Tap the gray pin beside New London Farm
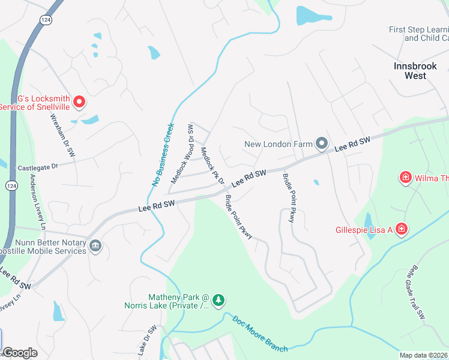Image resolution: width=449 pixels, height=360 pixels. pyautogui.click(x=322, y=143)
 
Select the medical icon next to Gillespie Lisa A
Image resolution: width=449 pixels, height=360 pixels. pyautogui.click(x=401, y=229)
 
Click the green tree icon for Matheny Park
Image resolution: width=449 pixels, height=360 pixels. pyautogui.click(x=219, y=299)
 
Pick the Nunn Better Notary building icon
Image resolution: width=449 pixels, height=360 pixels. pyautogui.click(x=95, y=246)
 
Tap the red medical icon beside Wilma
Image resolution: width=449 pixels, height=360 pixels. pyautogui.click(x=406, y=178)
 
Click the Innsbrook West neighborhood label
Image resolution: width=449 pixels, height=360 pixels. pyautogui.click(x=418, y=71)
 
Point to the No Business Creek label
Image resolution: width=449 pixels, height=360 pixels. pyautogui.click(x=163, y=155)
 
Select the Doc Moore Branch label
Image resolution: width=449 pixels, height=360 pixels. pyautogui.click(x=260, y=334)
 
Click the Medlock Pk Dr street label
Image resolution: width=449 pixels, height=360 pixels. pyautogui.click(x=212, y=166)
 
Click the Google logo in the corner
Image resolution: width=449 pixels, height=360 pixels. pyautogui.click(x=20, y=352)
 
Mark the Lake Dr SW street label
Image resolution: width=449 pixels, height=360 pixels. pyautogui.click(x=148, y=341)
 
